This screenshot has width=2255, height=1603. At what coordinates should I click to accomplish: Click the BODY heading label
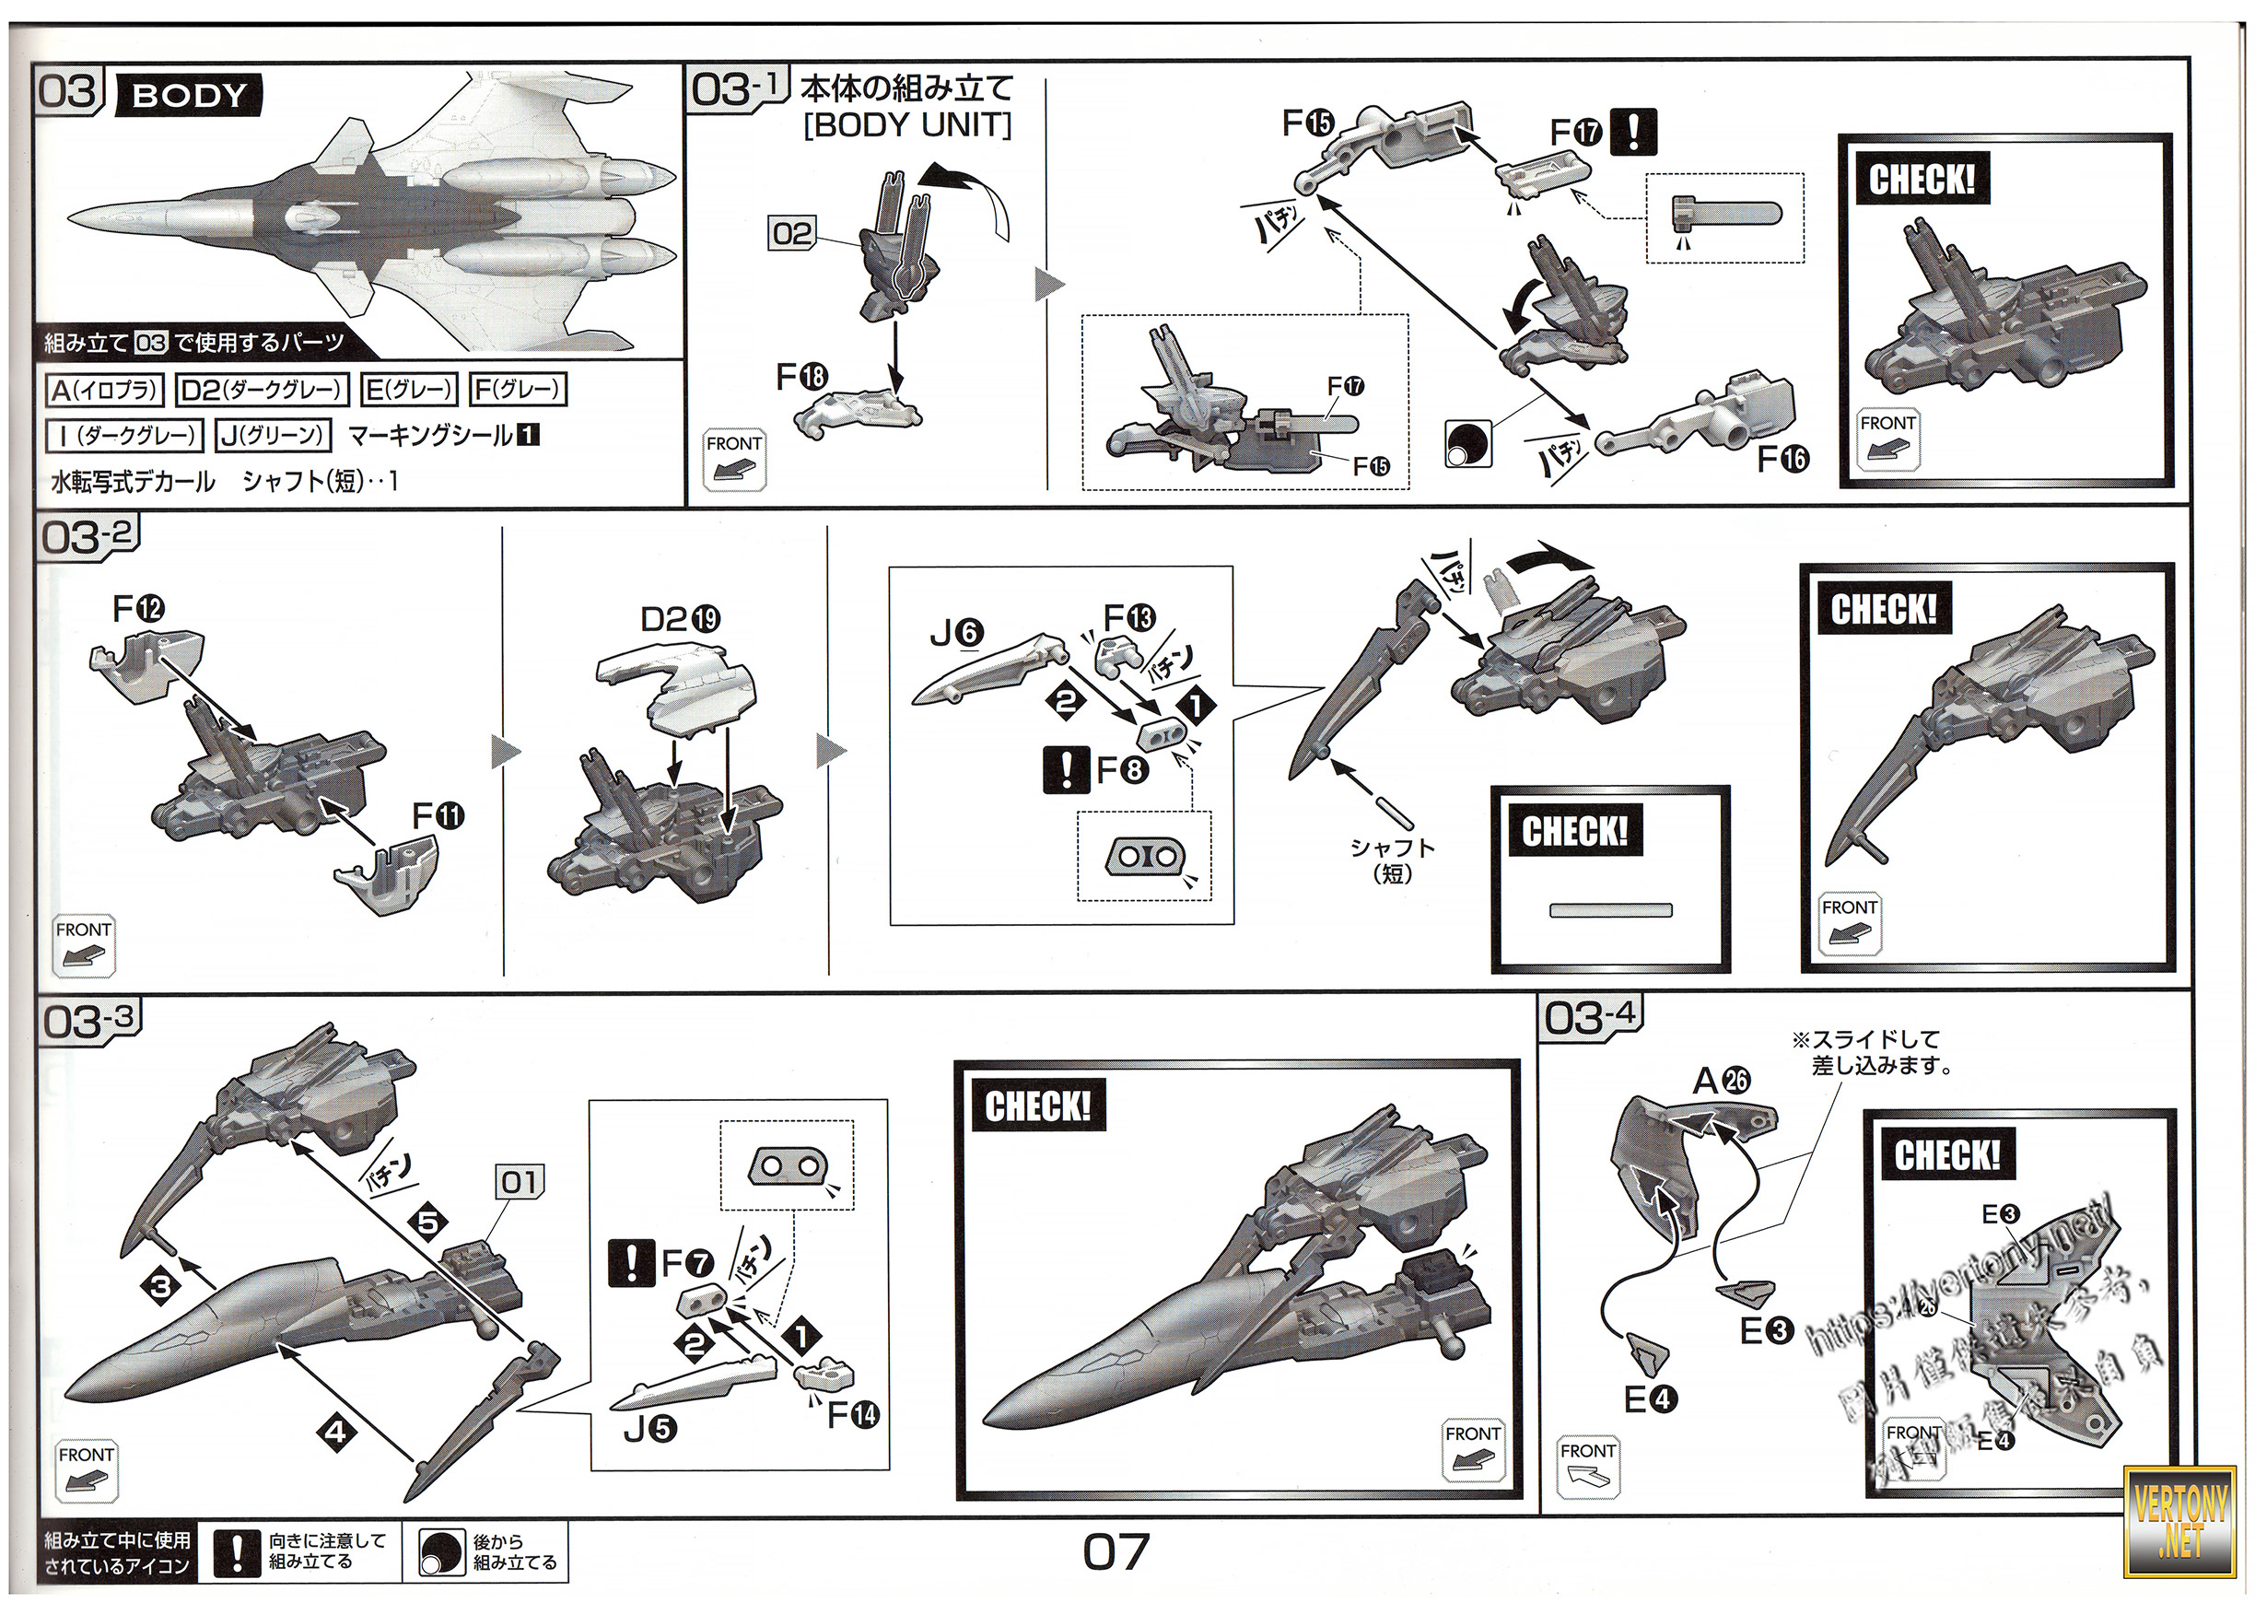[189, 96]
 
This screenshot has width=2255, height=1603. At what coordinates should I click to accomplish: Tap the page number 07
[1116, 1552]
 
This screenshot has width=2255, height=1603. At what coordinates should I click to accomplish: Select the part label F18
[801, 376]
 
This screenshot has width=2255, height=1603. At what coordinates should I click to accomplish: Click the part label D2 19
[680, 619]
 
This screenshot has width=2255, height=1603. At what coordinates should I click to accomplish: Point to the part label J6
[956, 633]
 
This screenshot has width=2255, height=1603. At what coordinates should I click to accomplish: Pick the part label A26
[1721, 1081]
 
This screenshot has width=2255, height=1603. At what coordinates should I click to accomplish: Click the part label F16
[1782, 459]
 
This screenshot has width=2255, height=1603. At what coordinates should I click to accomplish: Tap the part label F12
[138, 608]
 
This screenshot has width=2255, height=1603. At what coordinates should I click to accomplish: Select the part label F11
[438, 815]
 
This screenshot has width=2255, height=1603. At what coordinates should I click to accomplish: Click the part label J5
[650, 1428]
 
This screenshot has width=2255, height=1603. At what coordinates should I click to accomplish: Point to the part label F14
[853, 1414]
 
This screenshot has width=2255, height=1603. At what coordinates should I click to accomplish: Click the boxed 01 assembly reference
[520, 1181]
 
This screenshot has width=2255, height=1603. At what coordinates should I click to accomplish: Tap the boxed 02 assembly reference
[792, 234]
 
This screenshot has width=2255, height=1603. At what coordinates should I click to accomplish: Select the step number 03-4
[1590, 1017]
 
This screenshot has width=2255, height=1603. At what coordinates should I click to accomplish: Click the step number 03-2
[87, 537]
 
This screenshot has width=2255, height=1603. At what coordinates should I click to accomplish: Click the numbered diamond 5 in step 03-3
[428, 1222]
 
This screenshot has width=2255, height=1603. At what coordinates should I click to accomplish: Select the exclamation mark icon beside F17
[1633, 131]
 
